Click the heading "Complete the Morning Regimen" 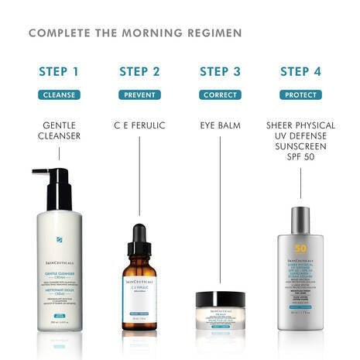pyautogui.click(x=135, y=33)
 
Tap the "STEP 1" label pyautogui.click(x=59, y=72)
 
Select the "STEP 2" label pyautogui.click(x=139, y=72)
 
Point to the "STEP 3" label pyautogui.click(x=220, y=72)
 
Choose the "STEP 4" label pyautogui.click(x=300, y=72)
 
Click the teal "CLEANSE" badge pyautogui.click(x=59, y=95)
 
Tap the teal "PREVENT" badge pyautogui.click(x=139, y=95)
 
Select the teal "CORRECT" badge pyautogui.click(x=220, y=95)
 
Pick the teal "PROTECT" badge pyautogui.click(x=300, y=95)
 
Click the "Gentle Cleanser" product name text pyautogui.click(x=59, y=130)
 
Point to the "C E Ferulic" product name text pyautogui.click(x=139, y=124)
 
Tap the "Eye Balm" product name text pyautogui.click(x=220, y=124)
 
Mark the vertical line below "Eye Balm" pyautogui.click(x=220, y=209)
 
